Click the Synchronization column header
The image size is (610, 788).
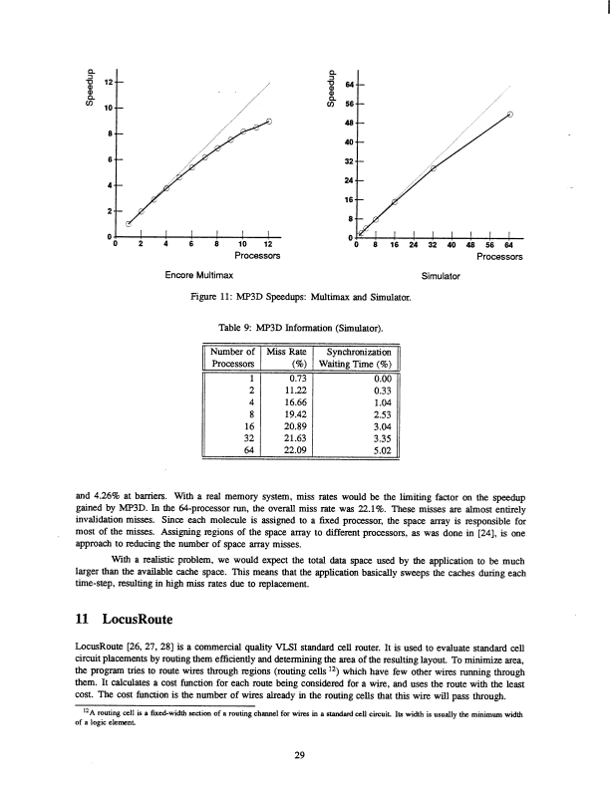(358, 351)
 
